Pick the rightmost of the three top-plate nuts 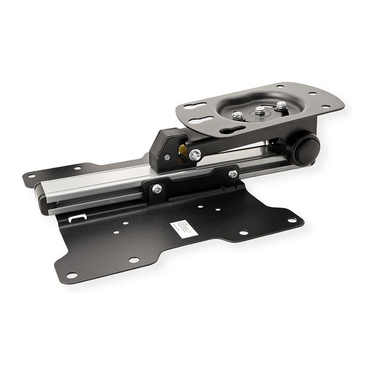pyautogui.click(x=281, y=106)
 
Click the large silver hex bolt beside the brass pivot pyautogui.click(x=195, y=155)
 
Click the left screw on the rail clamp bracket pyautogui.click(x=157, y=189)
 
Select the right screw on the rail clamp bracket pyautogui.click(x=233, y=174)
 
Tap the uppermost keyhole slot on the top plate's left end pyautogui.click(x=197, y=105)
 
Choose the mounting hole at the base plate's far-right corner pyautogui.click(x=292, y=221)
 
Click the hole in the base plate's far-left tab pyautogui.click(x=31, y=175)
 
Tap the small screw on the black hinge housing pyautogui.click(x=167, y=157)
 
